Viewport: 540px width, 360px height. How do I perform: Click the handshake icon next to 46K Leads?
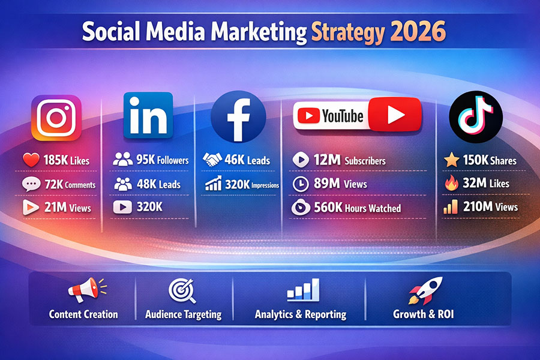pyautogui.click(x=212, y=160)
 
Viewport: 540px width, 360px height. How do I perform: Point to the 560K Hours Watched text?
pyautogui.click(x=357, y=208)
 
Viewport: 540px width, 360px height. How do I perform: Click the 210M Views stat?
pyautogui.click(x=489, y=208)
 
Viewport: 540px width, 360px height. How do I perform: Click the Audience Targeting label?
pyautogui.click(x=183, y=314)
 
